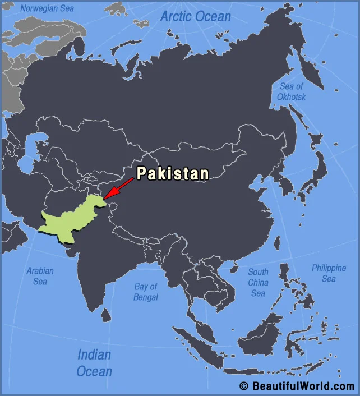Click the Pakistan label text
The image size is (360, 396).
(173, 173)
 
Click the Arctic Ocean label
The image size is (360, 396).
(195, 16)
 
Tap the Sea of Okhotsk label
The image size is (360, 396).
(292, 91)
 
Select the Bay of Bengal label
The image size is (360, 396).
(146, 292)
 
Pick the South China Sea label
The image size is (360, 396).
(258, 282)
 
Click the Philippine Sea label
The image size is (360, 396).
(329, 273)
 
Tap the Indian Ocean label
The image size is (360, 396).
(94, 362)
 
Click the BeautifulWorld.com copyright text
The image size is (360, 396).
(297, 386)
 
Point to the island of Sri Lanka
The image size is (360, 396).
(105, 315)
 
